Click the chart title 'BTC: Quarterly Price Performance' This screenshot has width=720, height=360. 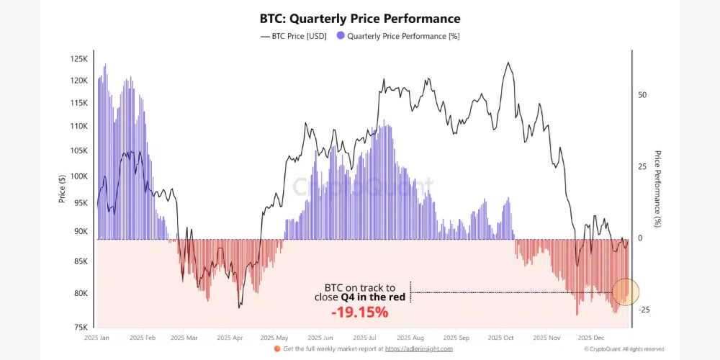tap(360, 19)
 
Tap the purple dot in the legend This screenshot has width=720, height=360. tap(341, 35)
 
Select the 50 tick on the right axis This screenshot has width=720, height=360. tap(643, 95)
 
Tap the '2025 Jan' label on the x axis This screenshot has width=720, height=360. tap(96, 337)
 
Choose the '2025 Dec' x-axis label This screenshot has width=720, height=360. tap(594, 337)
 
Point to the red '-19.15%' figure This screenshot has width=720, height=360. tap(360, 312)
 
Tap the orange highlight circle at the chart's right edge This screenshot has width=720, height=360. tap(625, 292)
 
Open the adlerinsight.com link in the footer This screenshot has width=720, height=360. tap(420, 349)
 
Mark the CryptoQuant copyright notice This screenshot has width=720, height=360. tap(624, 349)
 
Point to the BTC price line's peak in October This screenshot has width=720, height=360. tap(508, 63)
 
